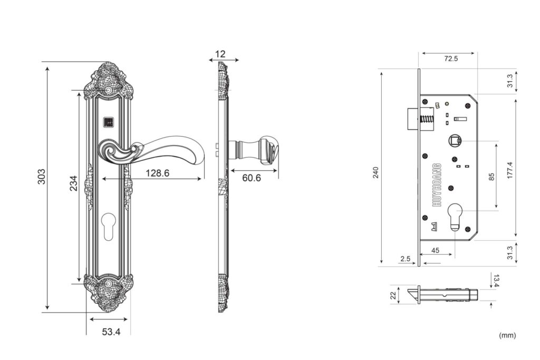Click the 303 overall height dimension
(x=41, y=177)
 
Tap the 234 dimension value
(x=74, y=183)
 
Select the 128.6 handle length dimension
(x=157, y=173)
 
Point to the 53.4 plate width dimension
(x=111, y=332)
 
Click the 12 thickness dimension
(x=220, y=54)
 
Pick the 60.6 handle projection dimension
(x=252, y=178)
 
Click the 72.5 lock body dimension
(x=451, y=59)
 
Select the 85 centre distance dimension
(x=491, y=177)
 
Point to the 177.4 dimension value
(x=510, y=170)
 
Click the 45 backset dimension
(x=435, y=250)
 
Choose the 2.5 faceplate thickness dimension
(x=406, y=258)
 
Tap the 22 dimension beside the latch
(x=393, y=295)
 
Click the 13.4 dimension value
(x=496, y=280)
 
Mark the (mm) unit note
(x=507, y=335)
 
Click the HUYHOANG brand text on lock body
(x=437, y=185)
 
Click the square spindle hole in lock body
(x=454, y=141)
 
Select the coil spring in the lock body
(x=426, y=120)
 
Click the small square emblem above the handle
(x=108, y=122)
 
